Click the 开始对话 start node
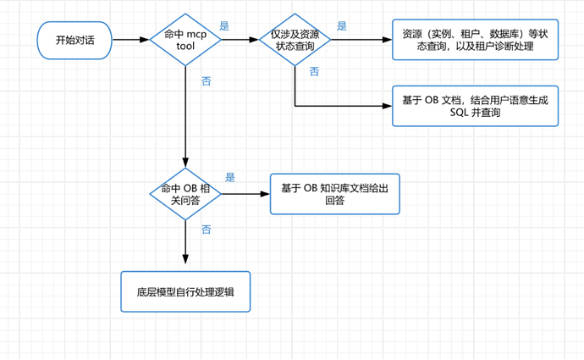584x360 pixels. pos(74,40)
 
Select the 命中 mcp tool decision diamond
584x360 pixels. pos(185,40)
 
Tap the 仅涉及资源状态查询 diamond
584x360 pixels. pos(295,40)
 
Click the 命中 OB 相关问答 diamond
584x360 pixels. pos(185,194)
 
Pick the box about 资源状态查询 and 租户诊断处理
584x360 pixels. pos(476,40)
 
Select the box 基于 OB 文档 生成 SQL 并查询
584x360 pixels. pos(476,106)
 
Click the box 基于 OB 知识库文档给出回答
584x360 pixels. pos(335,194)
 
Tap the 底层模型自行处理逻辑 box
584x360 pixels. pos(185,291)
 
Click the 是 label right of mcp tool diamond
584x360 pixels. pos(224,25)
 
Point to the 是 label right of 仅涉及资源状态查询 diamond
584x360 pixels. pos(342,25)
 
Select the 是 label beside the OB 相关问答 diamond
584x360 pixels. pos(230,177)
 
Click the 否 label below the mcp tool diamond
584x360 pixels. pos(207,80)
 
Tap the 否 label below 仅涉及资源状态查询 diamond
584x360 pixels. pos(314,71)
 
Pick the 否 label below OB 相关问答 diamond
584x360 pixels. pos(207,230)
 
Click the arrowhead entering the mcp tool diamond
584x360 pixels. pos(145,40)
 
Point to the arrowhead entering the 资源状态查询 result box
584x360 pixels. pos(388,40)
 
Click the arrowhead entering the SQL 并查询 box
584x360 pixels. pos(388,106)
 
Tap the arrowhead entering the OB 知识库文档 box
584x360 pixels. pos(265,194)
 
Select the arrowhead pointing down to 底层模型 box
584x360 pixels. pos(185,259)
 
